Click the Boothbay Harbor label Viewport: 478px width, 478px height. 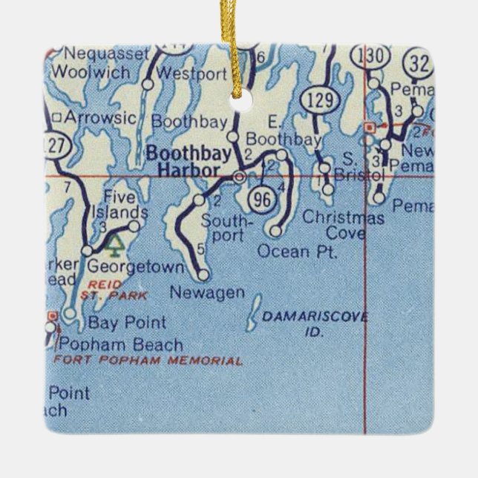pyautogui.click(x=183, y=162)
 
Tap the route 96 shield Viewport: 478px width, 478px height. pyautogui.click(x=261, y=197)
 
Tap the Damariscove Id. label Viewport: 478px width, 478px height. pyautogui.click(x=315, y=323)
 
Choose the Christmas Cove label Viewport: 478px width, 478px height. pyautogui.click(x=344, y=226)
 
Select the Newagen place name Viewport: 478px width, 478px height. pyautogui.click(x=207, y=292)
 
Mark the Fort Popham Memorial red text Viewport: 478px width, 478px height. pyautogui.click(x=148, y=361)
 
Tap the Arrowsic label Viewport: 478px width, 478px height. pyautogui.click(x=99, y=117)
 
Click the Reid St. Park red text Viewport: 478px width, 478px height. pyautogui.click(x=111, y=289)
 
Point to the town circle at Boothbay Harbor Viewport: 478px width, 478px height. pyautogui.click(x=239, y=177)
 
